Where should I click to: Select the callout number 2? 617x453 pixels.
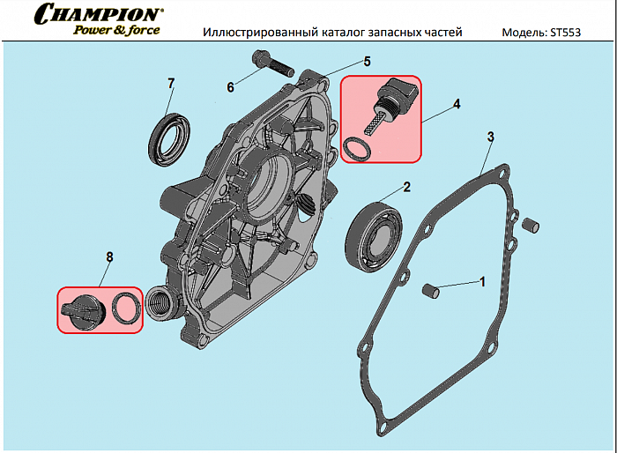point(406,186)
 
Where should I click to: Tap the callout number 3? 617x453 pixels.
point(490,137)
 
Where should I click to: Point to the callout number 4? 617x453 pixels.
point(457,104)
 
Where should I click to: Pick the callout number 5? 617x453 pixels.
point(368,62)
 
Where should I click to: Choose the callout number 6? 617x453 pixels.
point(231,86)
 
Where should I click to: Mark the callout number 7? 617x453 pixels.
point(171,84)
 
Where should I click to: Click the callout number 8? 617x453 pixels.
point(109,257)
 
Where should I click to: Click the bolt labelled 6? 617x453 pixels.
point(269,64)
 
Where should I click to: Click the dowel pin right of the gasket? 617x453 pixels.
point(529,225)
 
